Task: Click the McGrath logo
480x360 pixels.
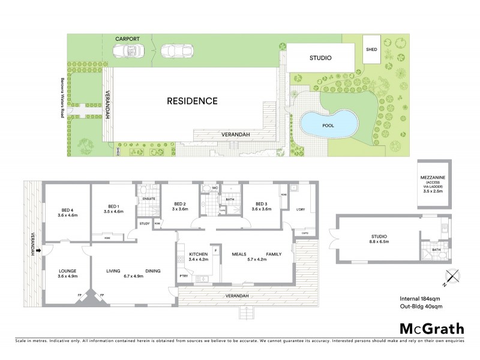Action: (431, 328)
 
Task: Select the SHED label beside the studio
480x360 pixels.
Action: (371, 49)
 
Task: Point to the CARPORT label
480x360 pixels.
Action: (127, 38)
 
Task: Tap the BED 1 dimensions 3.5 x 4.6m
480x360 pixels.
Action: (113, 212)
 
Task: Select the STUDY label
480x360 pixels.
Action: (144, 224)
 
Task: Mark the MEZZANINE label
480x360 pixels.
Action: (433, 178)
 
